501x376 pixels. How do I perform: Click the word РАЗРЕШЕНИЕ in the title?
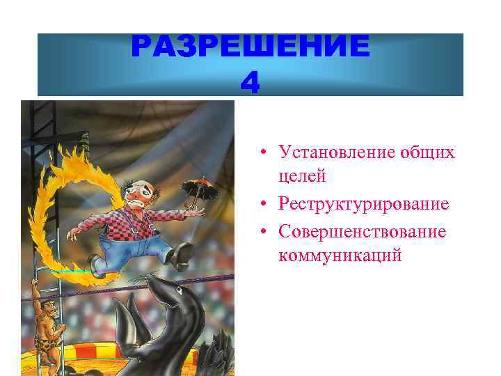[x=250, y=47]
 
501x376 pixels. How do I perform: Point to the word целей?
[x=301, y=177]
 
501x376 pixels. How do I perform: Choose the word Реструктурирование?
[x=363, y=204]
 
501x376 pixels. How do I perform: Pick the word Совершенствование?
[x=362, y=230]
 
